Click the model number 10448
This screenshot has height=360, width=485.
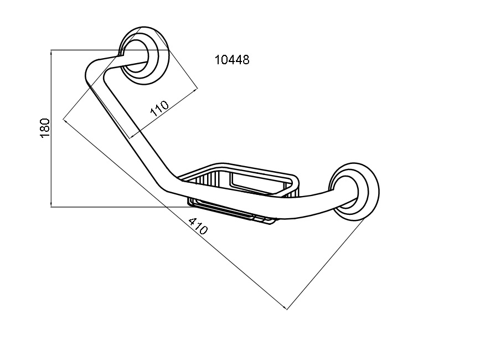coord(232,59)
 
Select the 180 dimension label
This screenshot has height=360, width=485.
coord(45,128)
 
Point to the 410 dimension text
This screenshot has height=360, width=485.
coord(198,225)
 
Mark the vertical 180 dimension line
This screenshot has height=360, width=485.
coord(51,128)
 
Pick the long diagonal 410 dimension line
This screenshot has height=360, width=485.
coord(175,214)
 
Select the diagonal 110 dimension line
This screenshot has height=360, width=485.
coord(164,112)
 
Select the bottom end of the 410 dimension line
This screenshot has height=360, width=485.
coord(287,309)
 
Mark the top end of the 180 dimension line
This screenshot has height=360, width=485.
coord(51,50)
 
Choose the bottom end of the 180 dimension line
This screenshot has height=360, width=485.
coord(51,207)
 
